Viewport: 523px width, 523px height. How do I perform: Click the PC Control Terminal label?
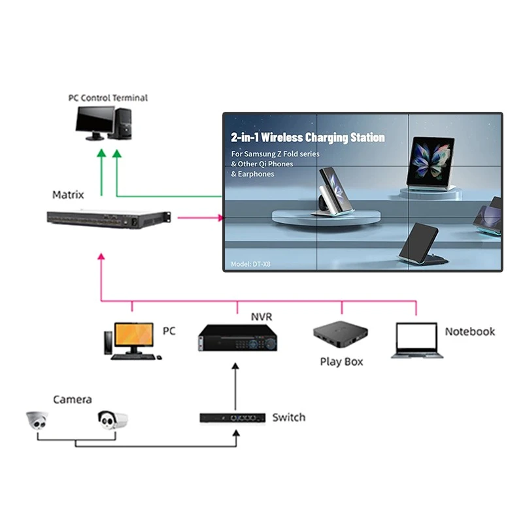point(108,98)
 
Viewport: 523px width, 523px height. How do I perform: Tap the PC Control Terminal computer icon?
point(104,124)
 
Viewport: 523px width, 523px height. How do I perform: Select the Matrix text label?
point(68,195)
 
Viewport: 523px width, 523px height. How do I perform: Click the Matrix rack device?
point(109,219)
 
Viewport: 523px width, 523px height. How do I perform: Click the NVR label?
point(261,317)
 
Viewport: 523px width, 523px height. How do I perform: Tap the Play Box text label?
point(341,362)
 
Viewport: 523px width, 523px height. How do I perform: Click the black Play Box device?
point(340,336)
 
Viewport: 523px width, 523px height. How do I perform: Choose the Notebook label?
point(469,331)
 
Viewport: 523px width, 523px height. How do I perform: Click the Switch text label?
point(288,417)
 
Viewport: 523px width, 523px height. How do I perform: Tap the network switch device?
point(232,417)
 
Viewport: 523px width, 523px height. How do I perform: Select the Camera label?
point(72,399)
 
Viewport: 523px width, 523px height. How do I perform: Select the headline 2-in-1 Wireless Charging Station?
point(307,138)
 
